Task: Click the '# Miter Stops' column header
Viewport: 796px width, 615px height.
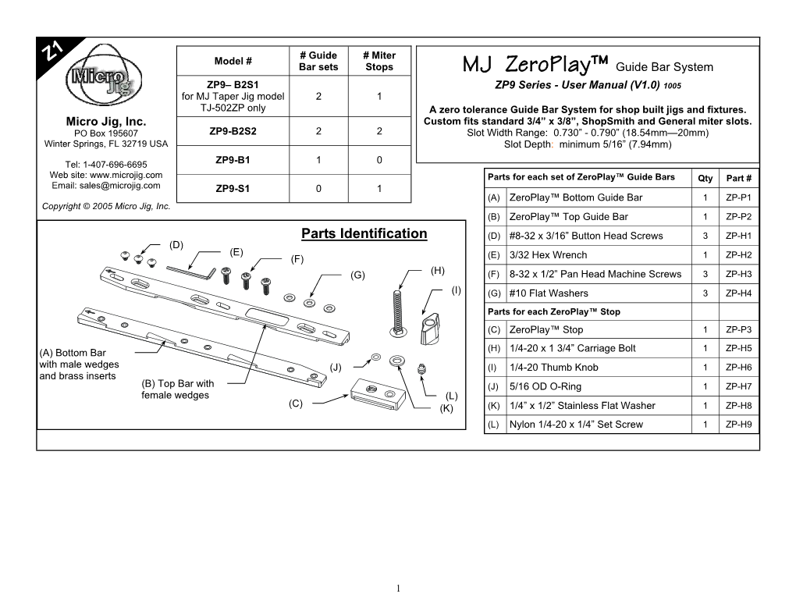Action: (x=378, y=61)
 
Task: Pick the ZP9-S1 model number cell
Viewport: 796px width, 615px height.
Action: (x=233, y=189)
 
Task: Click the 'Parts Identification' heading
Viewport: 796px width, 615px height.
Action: (x=364, y=233)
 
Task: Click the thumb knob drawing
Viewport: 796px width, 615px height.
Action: (x=429, y=330)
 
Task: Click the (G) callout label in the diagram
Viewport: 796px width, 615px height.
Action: (x=358, y=274)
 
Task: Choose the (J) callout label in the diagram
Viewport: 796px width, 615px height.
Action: (x=336, y=367)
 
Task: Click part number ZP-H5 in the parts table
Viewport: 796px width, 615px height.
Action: (x=738, y=348)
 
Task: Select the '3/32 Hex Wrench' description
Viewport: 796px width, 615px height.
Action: (x=547, y=255)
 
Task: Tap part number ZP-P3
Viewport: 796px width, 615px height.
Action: (x=738, y=329)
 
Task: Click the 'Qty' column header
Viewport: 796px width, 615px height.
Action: (x=704, y=179)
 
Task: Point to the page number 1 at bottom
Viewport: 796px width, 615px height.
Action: (x=398, y=587)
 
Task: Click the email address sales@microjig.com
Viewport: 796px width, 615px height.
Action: (x=107, y=186)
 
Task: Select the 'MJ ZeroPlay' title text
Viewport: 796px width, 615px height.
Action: (x=535, y=63)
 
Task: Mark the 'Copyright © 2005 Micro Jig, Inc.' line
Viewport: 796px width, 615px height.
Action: (x=107, y=207)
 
